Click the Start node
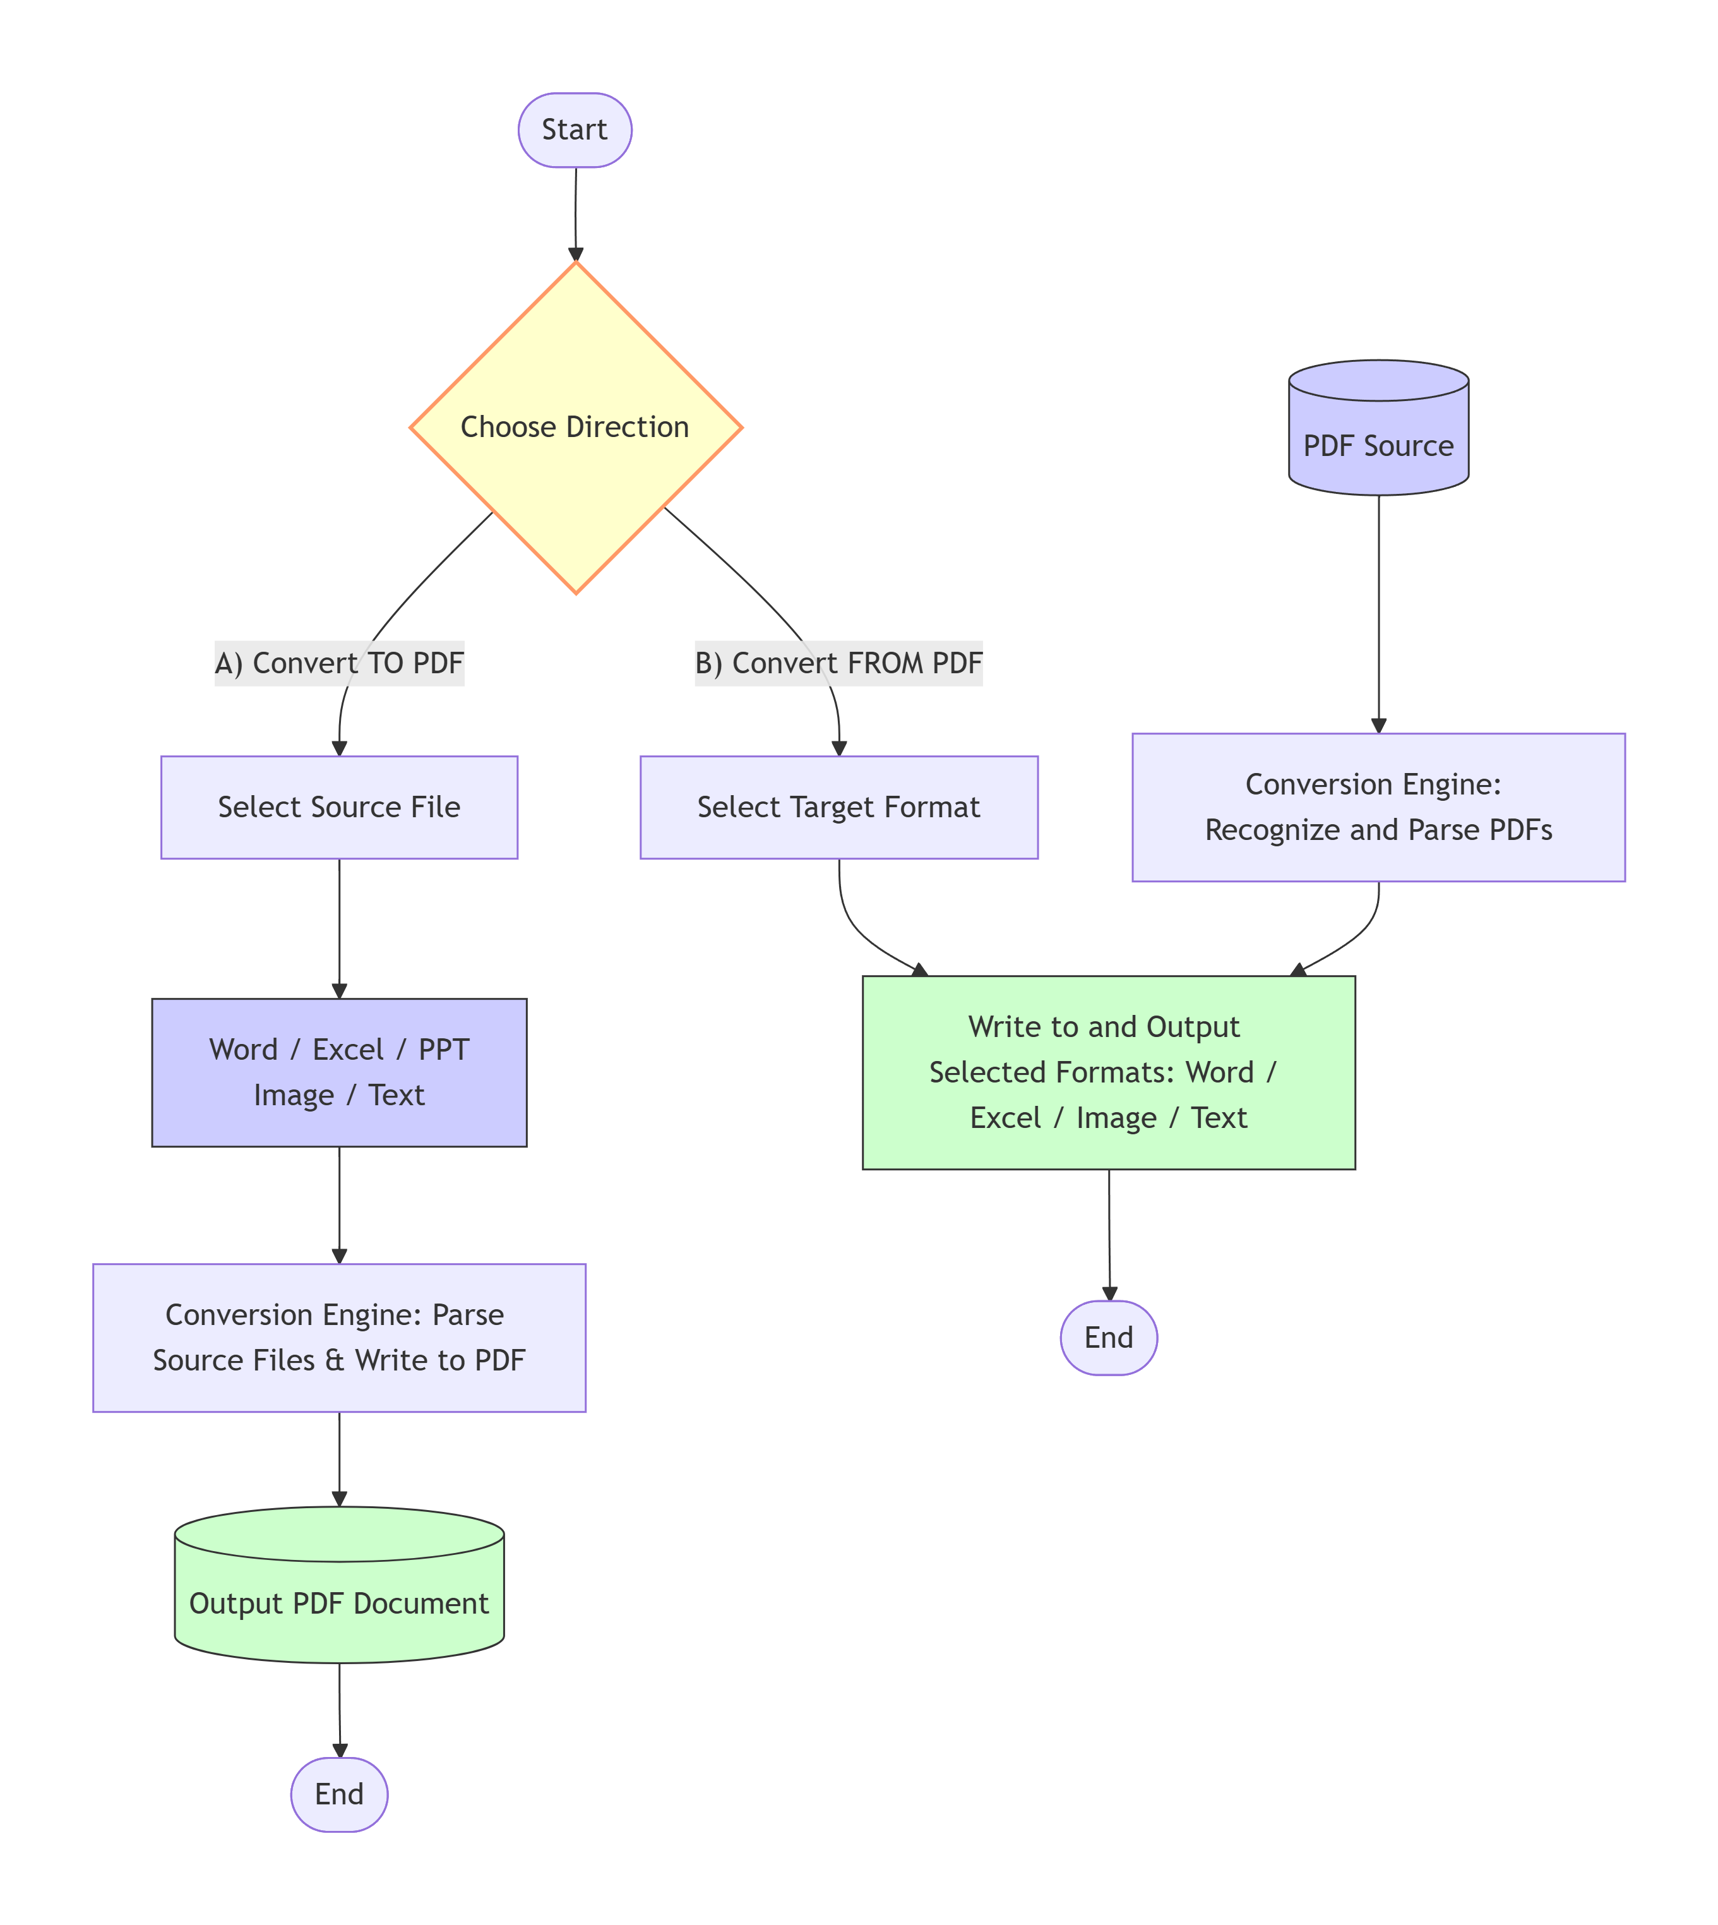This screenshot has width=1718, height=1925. click(575, 130)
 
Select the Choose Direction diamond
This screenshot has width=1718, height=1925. click(575, 428)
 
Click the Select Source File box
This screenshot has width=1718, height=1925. click(339, 807)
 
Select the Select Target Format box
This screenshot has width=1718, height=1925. click(838, 807)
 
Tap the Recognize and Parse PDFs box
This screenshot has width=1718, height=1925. click(1378, 807)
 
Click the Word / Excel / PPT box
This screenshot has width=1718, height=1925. click(339, 1072)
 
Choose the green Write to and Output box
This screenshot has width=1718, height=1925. click(1108, 1072)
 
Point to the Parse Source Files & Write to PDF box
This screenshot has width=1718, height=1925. click(339, 1338)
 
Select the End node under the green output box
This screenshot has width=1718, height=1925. click(1108, 1338)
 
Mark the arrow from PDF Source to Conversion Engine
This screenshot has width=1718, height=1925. click(1378, 614)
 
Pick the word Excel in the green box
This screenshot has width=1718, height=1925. click(1005, 1118)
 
